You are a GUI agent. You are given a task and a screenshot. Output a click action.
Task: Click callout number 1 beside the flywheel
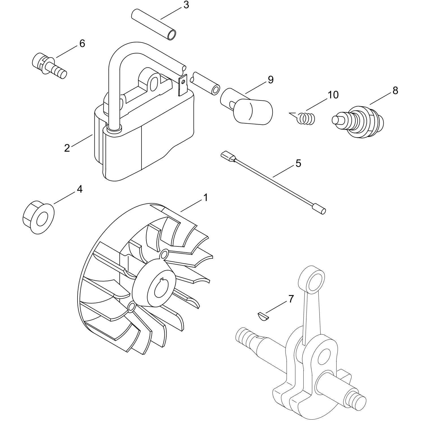coord(206,198)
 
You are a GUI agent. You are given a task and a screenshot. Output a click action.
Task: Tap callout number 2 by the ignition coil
coord(67,148)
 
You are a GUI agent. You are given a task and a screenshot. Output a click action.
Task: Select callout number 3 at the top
coord(186,5)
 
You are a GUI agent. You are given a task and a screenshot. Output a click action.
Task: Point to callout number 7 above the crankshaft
coord(291,299)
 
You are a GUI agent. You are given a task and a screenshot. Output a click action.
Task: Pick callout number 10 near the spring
coord(333,95)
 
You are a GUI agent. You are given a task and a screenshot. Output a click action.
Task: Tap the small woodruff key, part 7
coord(263,316)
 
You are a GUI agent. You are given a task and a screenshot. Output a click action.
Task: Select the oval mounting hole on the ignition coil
coord(154,84)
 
